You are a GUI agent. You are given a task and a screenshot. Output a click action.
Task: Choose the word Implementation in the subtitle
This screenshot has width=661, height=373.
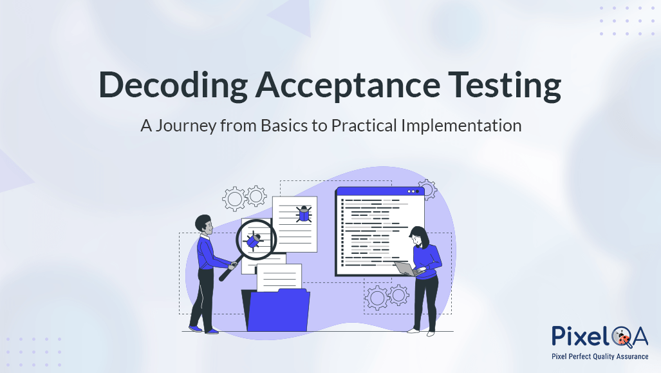click(x=461, y=125)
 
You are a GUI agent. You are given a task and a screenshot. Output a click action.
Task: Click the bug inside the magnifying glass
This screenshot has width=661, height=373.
click(x=254, y=239)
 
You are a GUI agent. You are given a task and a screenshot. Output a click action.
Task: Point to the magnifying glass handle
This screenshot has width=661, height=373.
click(x=228, y=269)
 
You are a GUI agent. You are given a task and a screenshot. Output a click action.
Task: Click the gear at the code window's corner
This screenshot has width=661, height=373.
click(x=427, y=189)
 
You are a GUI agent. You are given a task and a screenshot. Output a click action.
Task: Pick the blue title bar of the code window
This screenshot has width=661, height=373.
click(x=379, y=191)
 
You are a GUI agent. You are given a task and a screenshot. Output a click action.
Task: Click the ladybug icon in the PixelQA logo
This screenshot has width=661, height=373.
click(x=623, y=337)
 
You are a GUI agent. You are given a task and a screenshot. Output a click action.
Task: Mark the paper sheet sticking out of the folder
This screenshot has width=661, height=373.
click(x=279, y=278)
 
